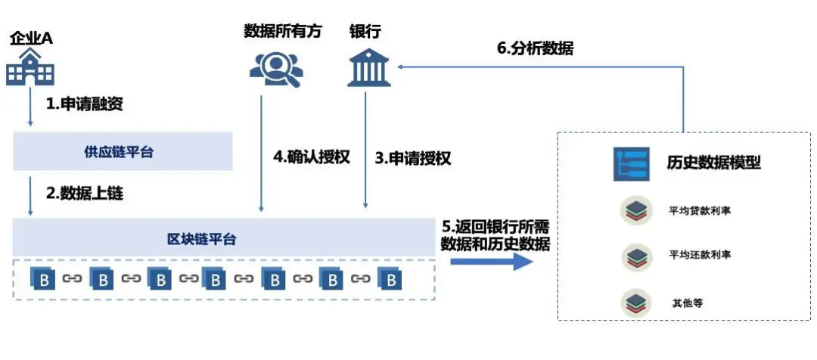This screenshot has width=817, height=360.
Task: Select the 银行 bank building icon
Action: tap(368, 66)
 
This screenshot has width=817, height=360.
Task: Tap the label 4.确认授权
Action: tap(312, 158)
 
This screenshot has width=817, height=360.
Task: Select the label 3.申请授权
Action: tap(413, 158)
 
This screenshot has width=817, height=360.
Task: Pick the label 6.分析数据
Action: tap(535, 48)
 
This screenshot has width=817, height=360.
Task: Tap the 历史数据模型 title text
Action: tap(713, 163)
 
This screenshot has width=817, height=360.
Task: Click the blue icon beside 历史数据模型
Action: tap(631, 163)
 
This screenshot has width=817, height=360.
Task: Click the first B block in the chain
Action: tap(44, 279)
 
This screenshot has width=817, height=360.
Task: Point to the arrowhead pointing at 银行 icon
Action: tap(402, 67)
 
